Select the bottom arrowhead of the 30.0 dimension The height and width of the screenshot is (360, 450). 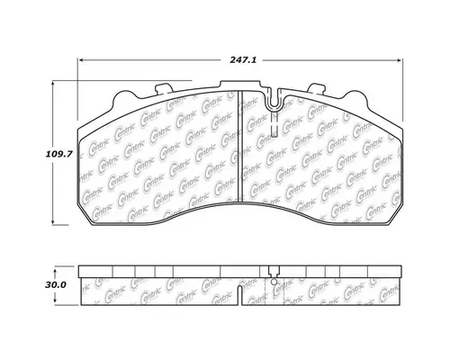click(x=61, y=299)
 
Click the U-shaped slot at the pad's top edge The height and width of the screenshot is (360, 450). click(x=275, y=104)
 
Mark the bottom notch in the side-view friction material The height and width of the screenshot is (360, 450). click(x=239, y=293)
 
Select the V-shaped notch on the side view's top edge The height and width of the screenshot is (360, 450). click(x=274, y=268)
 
